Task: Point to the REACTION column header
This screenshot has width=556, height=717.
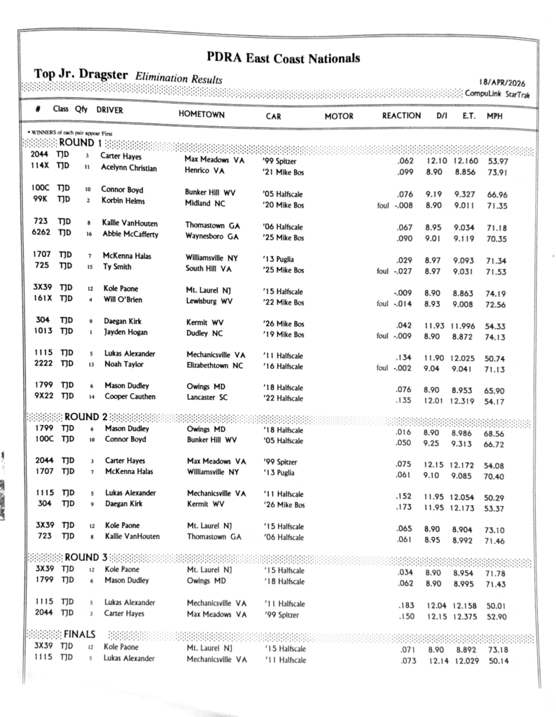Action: point(401,116)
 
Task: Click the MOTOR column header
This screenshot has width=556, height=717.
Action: point(339,116)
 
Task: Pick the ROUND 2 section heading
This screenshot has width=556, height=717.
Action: point(87,417)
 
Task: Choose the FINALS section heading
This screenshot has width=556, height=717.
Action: point(80,633)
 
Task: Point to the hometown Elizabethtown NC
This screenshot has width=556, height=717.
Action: point(215,366)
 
